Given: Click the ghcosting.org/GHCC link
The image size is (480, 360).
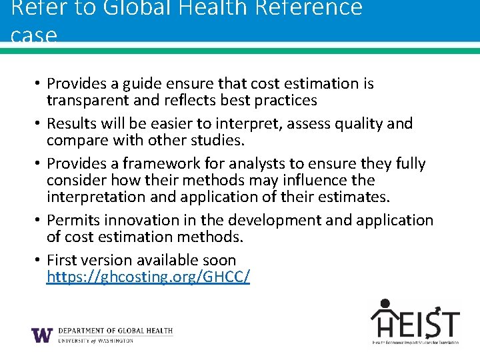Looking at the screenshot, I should point(148,277).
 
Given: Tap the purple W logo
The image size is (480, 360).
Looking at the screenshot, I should point(42,335).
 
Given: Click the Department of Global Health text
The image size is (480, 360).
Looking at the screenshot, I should point(115,331).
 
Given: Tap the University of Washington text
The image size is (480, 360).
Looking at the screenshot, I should point(95,341).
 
